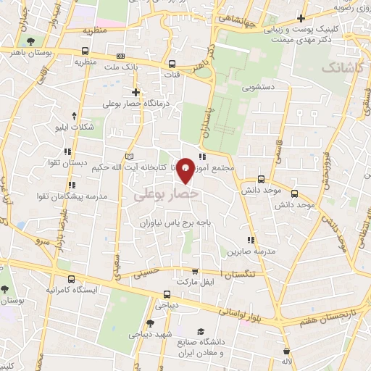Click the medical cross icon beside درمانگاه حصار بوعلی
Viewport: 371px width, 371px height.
click(136, 92)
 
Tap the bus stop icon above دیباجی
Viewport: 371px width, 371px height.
click(167, 294)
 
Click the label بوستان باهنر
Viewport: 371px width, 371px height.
click(48, 51)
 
